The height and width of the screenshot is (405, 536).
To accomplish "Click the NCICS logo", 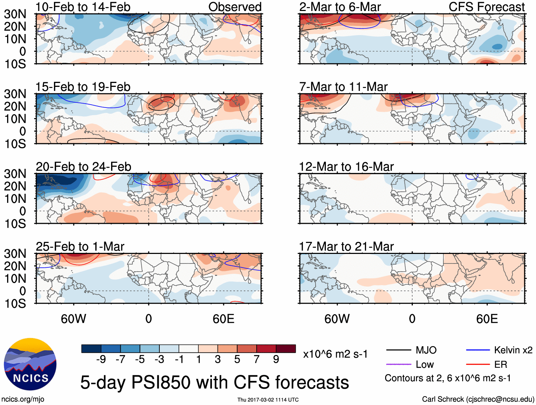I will (30, 364).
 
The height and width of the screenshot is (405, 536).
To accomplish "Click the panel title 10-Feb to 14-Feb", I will (83, 7).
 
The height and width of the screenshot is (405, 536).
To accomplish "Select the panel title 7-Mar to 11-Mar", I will (343, 87).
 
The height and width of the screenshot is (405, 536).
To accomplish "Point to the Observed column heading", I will (235, 7).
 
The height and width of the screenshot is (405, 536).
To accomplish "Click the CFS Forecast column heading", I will (486, 7).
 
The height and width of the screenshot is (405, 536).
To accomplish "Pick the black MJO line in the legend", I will (399, 350).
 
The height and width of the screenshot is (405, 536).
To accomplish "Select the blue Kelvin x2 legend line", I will (478, 350).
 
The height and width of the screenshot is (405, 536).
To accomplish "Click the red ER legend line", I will (478, 364).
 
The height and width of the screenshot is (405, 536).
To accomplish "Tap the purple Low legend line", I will (399, 364).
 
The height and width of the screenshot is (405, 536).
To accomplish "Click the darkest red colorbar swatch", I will (286, 349).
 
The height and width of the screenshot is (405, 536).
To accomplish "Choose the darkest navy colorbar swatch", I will (91, 349).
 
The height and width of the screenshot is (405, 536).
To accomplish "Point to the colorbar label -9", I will (101, 360).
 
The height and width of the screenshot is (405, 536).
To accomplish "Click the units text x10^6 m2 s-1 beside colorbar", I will (335, 354).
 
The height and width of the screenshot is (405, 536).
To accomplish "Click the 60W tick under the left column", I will (73, 319).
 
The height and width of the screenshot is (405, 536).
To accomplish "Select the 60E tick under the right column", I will (487, 319).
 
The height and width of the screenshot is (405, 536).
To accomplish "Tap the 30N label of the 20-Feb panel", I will (15, 174).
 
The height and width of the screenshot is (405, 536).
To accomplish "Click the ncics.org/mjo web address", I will (23, 399).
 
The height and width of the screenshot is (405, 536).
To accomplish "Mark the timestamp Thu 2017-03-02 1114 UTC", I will (268, 400).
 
